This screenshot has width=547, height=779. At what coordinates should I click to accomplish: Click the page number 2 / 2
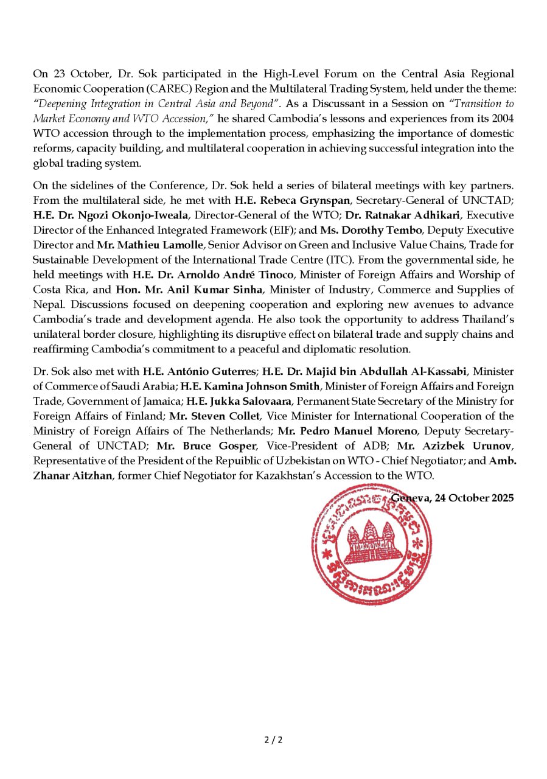coord(273,740)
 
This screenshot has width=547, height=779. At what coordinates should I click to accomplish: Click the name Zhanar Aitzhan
coord(73,475)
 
